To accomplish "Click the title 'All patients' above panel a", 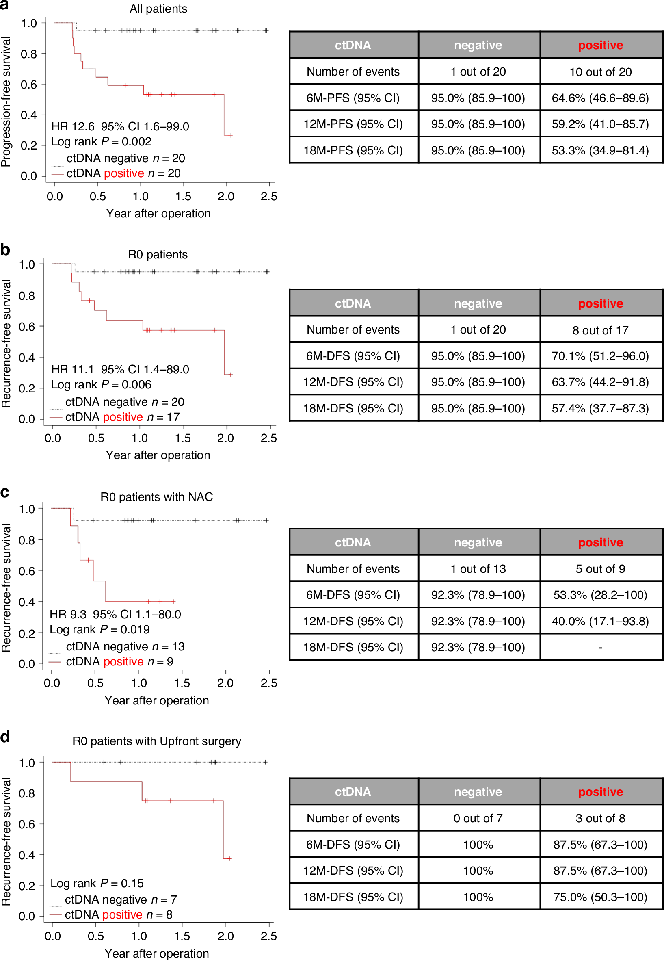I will click(x=158, y=9).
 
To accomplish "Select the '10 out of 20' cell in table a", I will click(x=600, y=72).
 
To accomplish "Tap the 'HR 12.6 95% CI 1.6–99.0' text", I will click(x=120, y=126).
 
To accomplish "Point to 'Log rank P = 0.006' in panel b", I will click(x=101, y=384).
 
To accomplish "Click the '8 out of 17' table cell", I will click(x=600, y=330).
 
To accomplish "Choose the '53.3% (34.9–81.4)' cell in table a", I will click(x=600, y=150).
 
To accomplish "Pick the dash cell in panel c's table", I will click(x=600, y=648).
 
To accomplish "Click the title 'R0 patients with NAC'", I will click(x=156, y=497).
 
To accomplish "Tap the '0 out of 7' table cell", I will click(x=478, y=819).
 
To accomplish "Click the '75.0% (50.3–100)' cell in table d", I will click(x=600, y=897).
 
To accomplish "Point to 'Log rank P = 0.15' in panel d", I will click(x=97, y=883).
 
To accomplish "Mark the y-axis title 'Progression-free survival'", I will click(x=6, y=102).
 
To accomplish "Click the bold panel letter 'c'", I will click(x=5, y=493).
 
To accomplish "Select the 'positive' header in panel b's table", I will click(x=600, y=303).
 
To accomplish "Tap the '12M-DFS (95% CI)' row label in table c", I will click(x=353, y=621).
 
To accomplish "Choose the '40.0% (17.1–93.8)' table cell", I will click(x=600, y=621).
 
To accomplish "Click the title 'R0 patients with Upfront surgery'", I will click(x=156, y=741).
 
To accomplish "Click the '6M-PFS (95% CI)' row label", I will click(x=353, y=98).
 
